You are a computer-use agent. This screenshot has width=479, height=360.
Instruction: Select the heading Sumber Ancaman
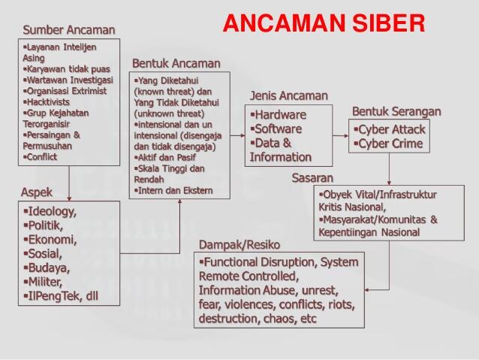pyautogui.click(x=69, y=30)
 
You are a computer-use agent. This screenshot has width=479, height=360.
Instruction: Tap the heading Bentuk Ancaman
pyautogui.click(x=176, y=63)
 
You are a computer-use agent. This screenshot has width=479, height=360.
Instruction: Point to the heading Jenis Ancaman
pyautogui.click(x=289, y=95)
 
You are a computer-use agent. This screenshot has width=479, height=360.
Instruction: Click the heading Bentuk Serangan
pyautogui.click(x=396, y=111)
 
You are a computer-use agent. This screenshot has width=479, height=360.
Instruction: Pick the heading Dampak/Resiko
pyautogui.click(x=239, y=245)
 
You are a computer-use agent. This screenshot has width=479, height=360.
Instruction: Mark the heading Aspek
pyautogui.click(x=38, y=192)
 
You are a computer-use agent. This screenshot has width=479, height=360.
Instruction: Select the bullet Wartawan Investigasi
pyautogui.click(x=70, y=79)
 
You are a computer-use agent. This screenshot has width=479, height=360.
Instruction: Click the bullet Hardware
pyautogui.click(x=279, y=115)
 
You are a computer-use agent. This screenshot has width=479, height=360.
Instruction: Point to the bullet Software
pyautogui.click(x=278, y=129)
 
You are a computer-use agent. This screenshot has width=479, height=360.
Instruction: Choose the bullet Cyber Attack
pyautogui.click(x=391, y=129)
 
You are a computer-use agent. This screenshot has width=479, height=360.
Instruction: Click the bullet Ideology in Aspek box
pyautogui.click(x=52, y=211)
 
